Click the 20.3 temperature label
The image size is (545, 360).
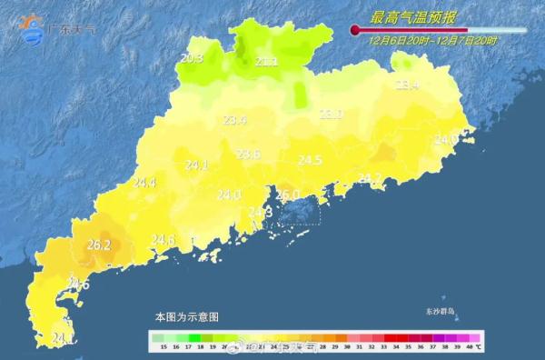coord(192,59)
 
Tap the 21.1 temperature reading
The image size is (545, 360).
coord(266,62)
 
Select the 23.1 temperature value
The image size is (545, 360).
coord(331,115)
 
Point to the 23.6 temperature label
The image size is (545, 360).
coord(248,155)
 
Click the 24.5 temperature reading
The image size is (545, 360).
coord(311,160)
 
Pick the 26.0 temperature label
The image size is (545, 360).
coord(288,195)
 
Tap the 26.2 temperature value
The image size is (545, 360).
coord(98,245)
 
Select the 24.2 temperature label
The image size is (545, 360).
coord(370,177)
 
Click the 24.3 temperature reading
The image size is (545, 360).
coord(261,212)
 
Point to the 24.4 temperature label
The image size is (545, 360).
coord(144,183)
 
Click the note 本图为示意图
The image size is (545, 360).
coord(186,317)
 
